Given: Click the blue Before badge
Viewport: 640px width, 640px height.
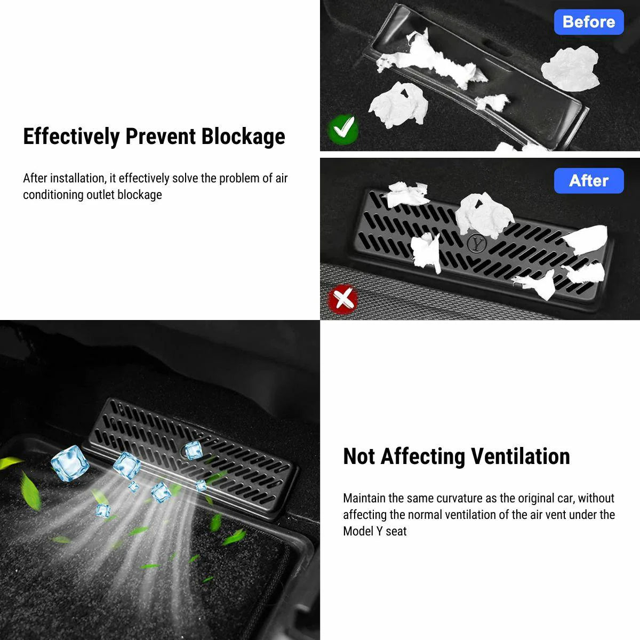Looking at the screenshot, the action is tap(588, 22).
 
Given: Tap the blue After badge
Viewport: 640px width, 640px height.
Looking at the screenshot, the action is tap(588, 181).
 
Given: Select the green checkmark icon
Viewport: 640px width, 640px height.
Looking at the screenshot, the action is tap(343, 129).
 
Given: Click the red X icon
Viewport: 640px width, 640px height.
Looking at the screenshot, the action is tap(343, 299).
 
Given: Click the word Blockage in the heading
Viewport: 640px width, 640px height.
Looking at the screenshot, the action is tap(243, 137).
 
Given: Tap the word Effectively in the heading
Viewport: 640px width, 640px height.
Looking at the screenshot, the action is tap(71, 137).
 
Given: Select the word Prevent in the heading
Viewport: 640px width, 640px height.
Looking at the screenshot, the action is tap(161, 137).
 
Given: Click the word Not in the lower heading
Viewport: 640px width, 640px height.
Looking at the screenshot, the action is tap(359, 457).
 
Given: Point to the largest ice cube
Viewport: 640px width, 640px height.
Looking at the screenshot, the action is tap(70, 463).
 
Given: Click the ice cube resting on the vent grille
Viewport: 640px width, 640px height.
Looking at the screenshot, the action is tap(193, 450).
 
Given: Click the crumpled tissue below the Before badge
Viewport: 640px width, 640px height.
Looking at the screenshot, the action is tap(570, 68).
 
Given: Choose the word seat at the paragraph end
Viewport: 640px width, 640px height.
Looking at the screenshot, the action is tap(396, 532).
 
